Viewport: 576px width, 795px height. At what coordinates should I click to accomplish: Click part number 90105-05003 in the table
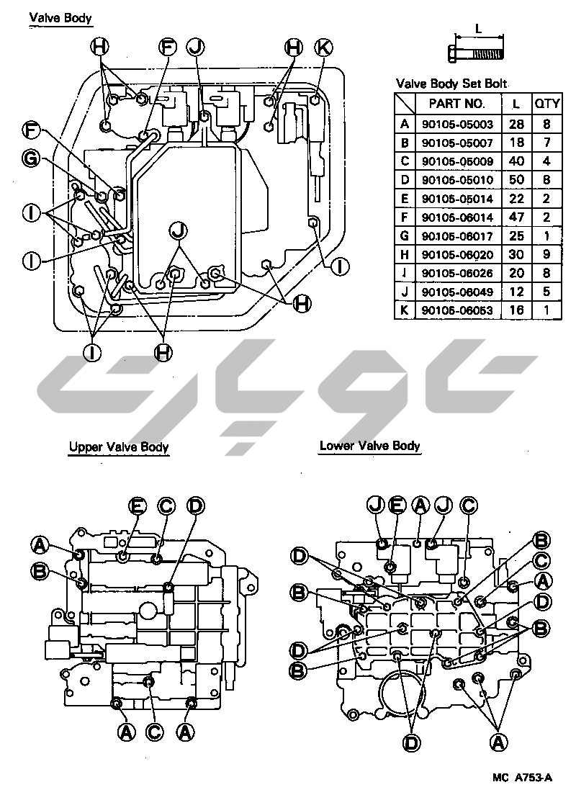tap(457, 124)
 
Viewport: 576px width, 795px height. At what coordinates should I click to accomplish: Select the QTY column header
tap(546, 104)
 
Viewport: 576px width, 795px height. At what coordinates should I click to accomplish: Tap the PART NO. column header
tap(457, 104)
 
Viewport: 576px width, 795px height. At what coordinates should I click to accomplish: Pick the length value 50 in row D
tap(516, 180)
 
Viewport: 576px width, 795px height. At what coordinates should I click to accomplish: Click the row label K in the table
tap(404, 310)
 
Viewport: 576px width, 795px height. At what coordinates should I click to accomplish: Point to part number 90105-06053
tap(457, 310)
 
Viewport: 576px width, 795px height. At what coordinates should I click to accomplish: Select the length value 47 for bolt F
tap(516, 217)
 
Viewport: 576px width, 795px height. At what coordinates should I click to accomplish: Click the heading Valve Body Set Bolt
tap(451, 84)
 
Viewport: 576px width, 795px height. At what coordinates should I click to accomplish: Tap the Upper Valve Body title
tap(119, 447)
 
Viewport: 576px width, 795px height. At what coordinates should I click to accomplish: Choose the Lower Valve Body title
tap(370, 446)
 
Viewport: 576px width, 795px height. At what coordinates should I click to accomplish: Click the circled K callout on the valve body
tap(324, 48)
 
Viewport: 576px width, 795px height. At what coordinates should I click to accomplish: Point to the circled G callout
tap(31, 158)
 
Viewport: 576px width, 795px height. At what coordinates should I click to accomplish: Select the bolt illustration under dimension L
tap(476, 53)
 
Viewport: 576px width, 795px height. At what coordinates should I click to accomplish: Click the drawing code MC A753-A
tap(522, 777)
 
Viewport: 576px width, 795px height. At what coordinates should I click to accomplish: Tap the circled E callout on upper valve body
tap(137, 506)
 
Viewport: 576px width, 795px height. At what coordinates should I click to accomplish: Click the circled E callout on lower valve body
tap(397, 505)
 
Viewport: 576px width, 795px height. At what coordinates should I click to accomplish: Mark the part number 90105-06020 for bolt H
tap(457, 254)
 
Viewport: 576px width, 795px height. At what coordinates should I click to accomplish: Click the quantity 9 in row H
tap(546, 254)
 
